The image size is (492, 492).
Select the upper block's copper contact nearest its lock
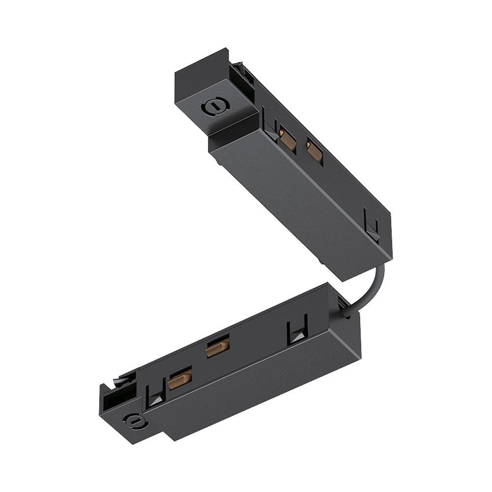[288, 141]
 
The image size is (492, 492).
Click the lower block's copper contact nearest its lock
[180, 379]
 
